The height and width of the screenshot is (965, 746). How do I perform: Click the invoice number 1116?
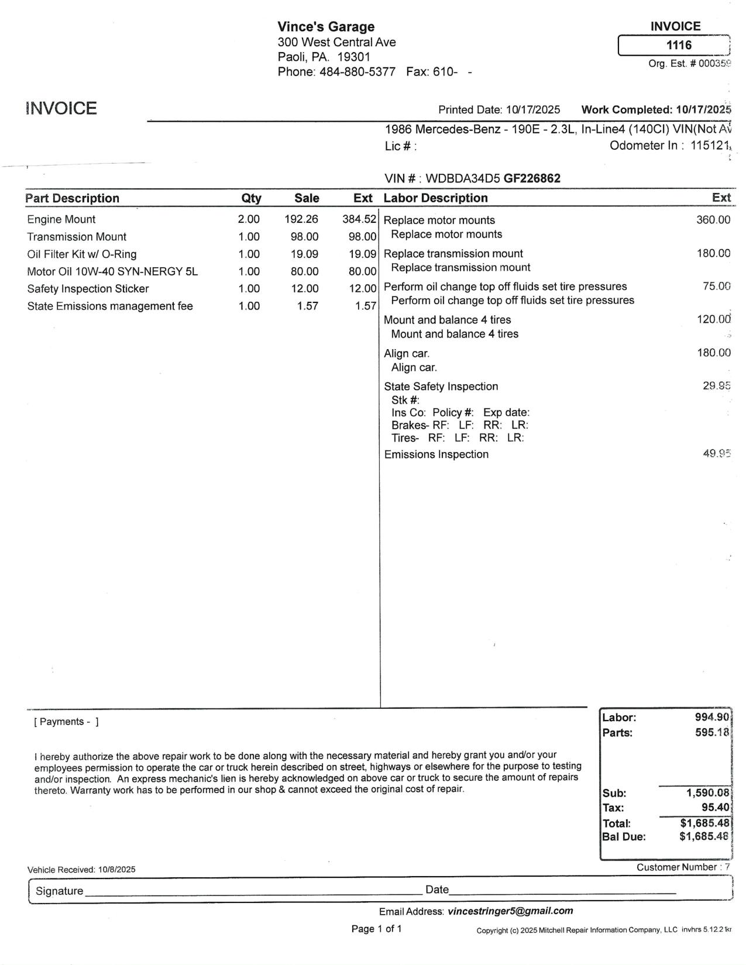pos(679,45)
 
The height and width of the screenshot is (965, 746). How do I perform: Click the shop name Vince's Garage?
pos(326,26)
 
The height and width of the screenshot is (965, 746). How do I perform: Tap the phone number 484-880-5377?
pos(357,72)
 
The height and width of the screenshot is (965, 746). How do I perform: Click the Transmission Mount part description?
pos(77,237)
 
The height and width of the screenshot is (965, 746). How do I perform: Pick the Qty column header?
pos(252,198)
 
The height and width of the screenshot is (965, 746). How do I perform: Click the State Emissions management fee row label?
pos(110,306)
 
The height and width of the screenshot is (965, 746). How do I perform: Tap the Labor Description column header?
pos(435,198)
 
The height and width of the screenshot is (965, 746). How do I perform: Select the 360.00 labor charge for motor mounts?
pos(713,220)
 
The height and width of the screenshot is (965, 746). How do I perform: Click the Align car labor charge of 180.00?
pos(713,353)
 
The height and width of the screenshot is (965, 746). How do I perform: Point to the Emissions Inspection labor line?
pos(436,454)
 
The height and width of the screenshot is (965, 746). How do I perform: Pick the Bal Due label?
pos(624,837)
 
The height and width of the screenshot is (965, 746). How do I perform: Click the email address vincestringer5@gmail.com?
pos(510,911)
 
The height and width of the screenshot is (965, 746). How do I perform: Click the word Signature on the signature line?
pos(59,891)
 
